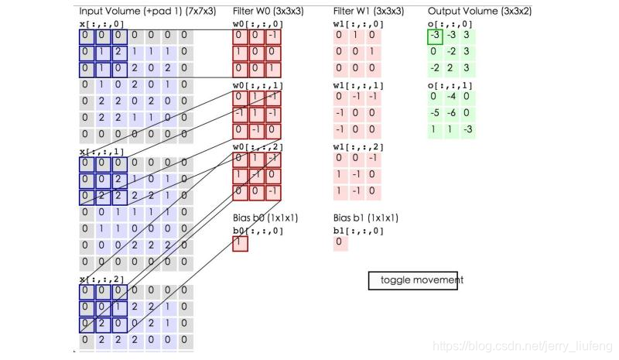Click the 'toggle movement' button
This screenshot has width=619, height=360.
pyautogui.click(x=416, y=279)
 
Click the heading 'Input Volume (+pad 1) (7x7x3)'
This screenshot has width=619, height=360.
pyautogui.click(x=147, y=12)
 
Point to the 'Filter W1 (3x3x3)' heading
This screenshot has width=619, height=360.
pyautogui.click(x=368, y=12)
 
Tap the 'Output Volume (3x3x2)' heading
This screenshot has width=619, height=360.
pyautogui.click(x=480, y=12)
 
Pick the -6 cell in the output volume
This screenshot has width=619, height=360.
pyautogui.click(x=451, y=113)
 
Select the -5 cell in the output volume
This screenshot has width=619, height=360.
pyautogui.click(x=435, y=113)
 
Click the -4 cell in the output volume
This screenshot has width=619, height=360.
pyautogui.click(x=451, y=97)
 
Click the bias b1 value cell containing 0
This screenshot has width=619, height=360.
pyautogui.click(x=340, y=243)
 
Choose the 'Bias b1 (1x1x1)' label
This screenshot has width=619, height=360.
pyautogui.click(x=365, y=218)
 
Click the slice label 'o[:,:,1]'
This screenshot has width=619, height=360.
pyautogui.click(x=450, y=85)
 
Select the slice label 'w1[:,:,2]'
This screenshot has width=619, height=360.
pyautogui.click(x=358, y=146)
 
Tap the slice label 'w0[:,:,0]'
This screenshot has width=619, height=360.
pyautogui.click(x=258, y=24)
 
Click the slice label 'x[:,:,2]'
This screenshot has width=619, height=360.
pyautogui.click(x=102, y=279)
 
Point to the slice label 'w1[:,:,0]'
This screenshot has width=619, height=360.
pyautogui.click(x=358, y=24)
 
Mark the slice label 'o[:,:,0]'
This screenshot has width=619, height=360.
pyautogui.click(x=450, y=24)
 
